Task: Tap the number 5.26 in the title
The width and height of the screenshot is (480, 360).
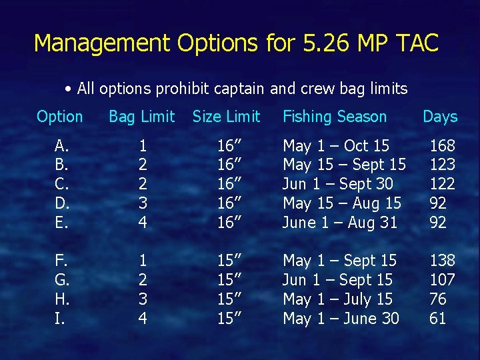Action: point(316,43)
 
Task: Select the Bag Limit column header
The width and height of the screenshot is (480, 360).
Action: point(141,117)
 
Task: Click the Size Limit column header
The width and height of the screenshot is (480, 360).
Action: point(226,117)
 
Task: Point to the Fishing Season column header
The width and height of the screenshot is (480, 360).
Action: point(335,117)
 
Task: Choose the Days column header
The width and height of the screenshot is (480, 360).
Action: point(440,117)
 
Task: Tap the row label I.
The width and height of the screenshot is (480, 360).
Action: point(60,319)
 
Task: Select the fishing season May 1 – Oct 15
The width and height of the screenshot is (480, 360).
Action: point(336,145)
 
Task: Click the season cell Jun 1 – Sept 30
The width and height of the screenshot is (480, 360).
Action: point(338,184)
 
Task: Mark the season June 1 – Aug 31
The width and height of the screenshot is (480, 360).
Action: point(340,223)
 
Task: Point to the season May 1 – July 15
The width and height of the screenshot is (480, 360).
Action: point(337,299)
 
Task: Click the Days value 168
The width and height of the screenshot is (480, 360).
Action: point(442,145)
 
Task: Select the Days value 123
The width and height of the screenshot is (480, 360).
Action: point(442,165)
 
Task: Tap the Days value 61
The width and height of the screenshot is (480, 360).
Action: point(437,319)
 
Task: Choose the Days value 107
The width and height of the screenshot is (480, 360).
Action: point(442,280)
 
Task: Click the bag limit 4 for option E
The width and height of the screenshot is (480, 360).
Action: point(141,223)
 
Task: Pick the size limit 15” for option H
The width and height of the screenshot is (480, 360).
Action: point(229,299)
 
